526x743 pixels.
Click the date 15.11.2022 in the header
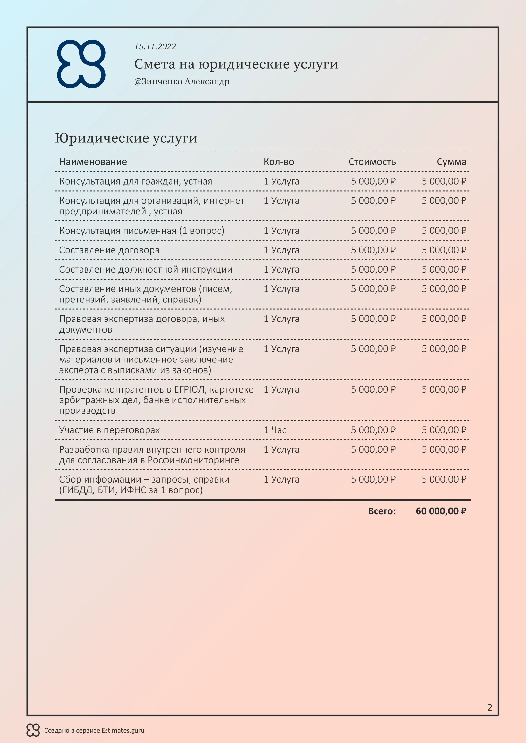click(x=155, y=47)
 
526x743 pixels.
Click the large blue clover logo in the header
click(x=81, y=64)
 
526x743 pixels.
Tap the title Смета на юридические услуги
click(x=236, y=64)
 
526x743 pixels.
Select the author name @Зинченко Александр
click(x=182, y=82)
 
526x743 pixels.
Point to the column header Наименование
click(x=93, y=162)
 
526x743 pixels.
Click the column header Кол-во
click(x=279, y=162)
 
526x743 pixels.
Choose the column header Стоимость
click(x=372, y=162)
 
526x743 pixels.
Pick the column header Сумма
click(x=451, y=162)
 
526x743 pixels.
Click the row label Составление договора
click(x=109, y=250)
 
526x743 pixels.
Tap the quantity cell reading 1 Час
click(x=275, y=430)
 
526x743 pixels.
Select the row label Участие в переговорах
click(x=109, y=430)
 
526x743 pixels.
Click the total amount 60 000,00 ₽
click(x=441, y=511)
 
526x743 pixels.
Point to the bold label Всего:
click(x=382, y=511)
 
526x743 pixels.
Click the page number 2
click(x=490, y=707)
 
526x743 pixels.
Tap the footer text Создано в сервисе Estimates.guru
click(x=94, y=730)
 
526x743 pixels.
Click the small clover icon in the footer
click(x=33, y=730)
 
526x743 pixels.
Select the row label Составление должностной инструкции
click(x=146, y=270)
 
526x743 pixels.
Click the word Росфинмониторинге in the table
click(x=193, y=460)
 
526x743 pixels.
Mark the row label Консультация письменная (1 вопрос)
click(x=142, y=231)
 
